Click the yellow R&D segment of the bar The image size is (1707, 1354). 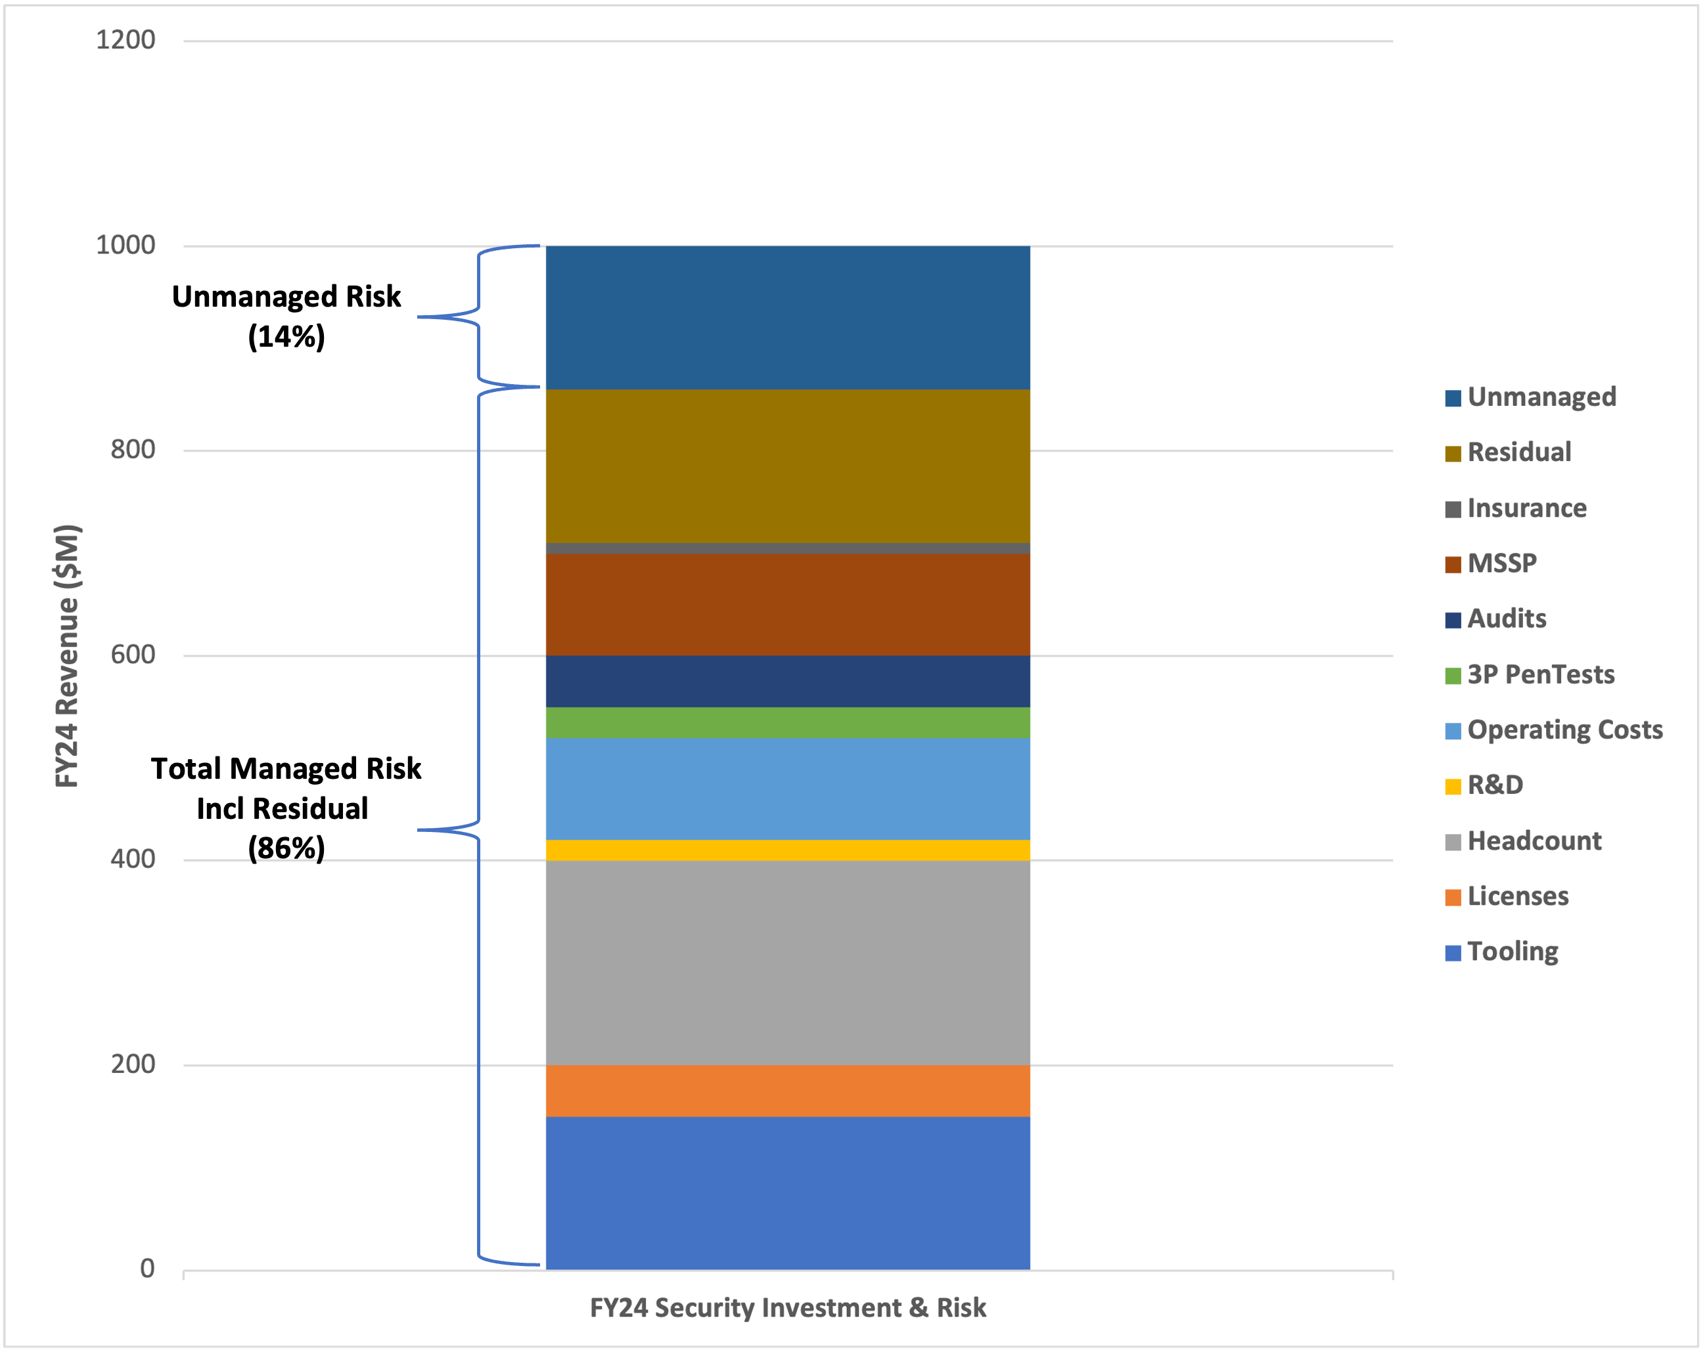tap(788, 850)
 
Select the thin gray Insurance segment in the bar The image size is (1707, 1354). tap(788, 548)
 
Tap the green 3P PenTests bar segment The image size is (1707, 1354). tap(788, 722)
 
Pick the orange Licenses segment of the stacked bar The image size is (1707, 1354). tap(788, 1091)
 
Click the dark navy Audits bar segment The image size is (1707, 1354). tap(788, 680)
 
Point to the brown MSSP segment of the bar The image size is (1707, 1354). tap(788, 604)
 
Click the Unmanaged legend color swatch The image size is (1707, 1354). tap(1453, 398)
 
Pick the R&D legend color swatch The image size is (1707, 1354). tap(1453, 787)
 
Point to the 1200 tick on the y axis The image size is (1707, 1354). tap(125, 39)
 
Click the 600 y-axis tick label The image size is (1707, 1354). tap(132, 655)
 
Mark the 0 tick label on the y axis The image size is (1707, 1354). tap(147, 1269)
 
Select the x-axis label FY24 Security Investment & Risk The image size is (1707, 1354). tap(788, 1307)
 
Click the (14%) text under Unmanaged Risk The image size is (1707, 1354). tap(286, 337)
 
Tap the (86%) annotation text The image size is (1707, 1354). tap(286, 848)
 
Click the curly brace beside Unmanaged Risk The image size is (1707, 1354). tap(478, 317)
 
